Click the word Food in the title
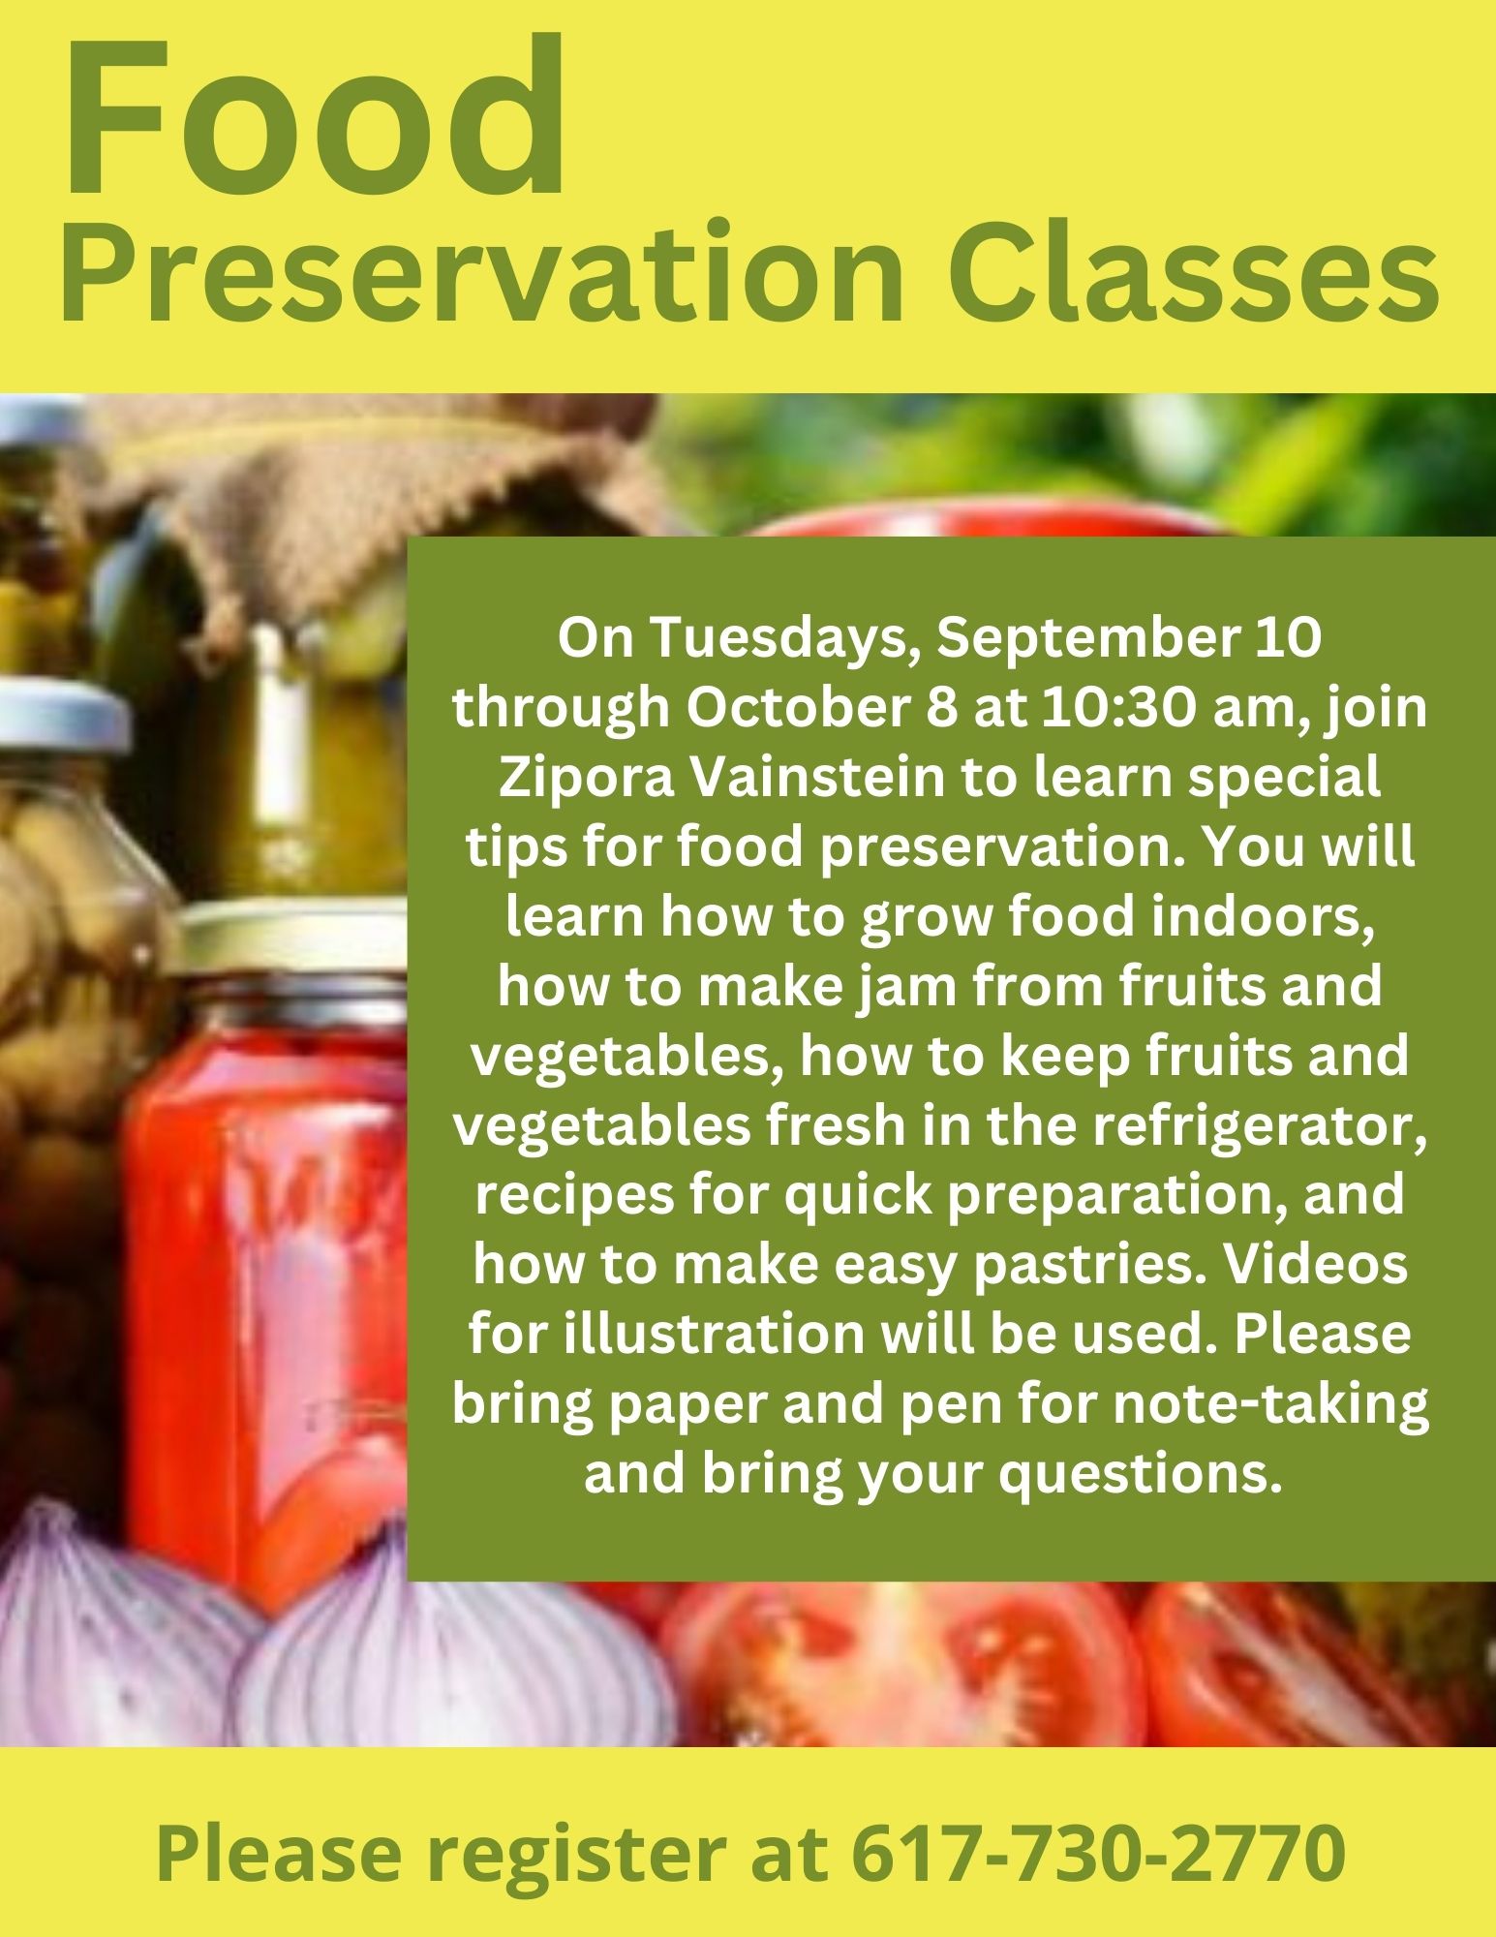tap(314, 116)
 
